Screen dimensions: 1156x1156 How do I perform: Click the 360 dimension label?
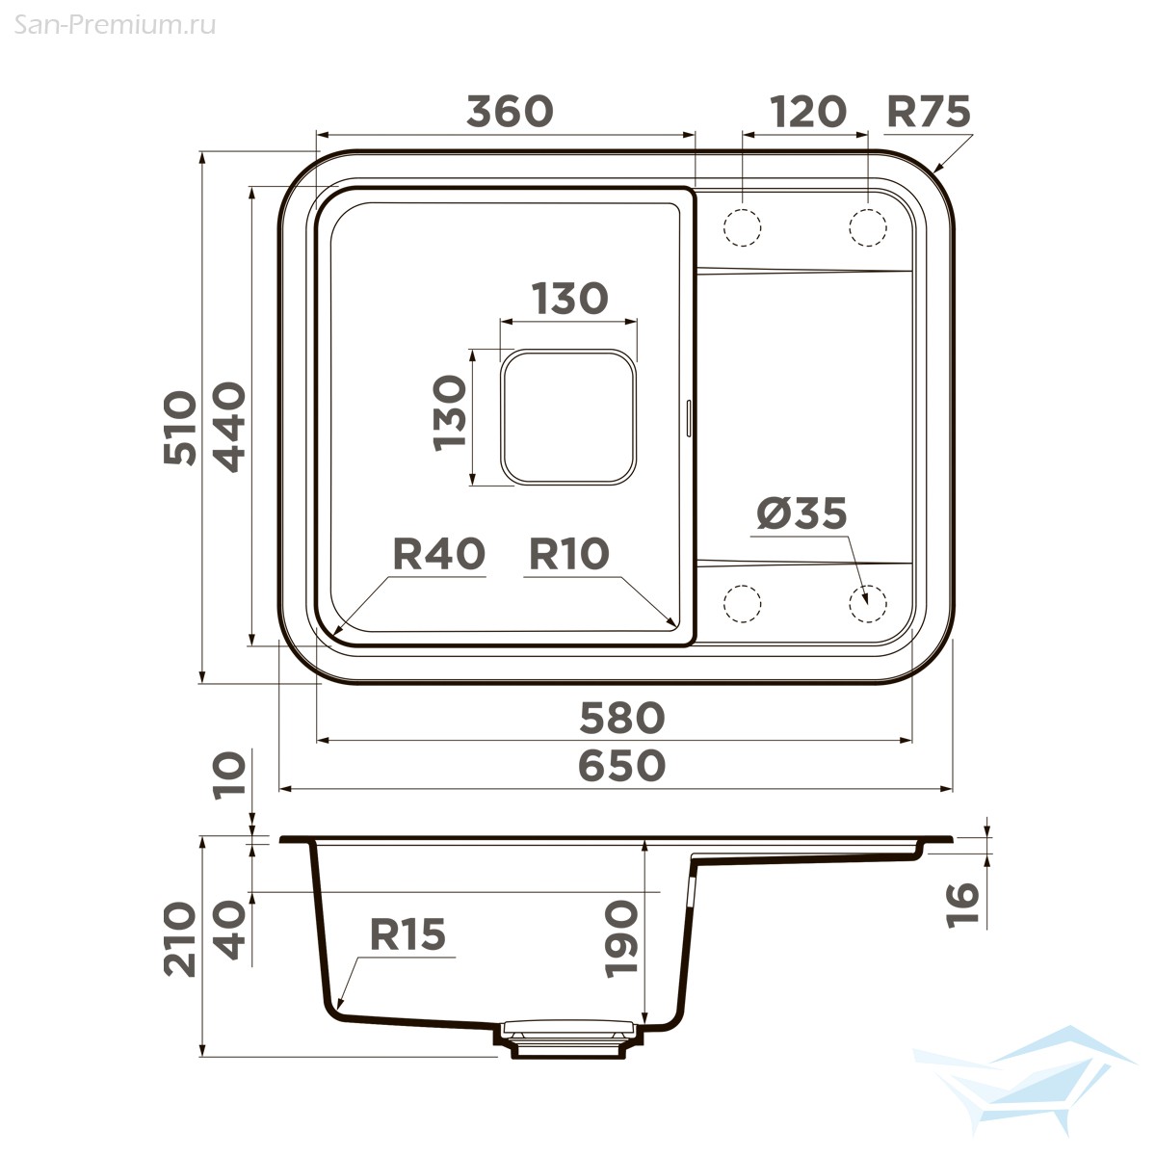click(510, 112)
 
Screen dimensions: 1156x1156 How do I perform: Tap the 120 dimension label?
click(807, 112)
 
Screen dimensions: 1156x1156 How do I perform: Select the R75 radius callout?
click(928, 112)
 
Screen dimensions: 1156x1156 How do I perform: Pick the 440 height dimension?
click(229, 427)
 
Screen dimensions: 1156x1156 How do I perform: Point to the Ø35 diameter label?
click(801, 513)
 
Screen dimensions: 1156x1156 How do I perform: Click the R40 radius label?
click(438, 553)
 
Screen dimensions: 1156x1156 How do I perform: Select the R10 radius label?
click(568, 553)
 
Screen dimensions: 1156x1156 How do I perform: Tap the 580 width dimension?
click(622, 718)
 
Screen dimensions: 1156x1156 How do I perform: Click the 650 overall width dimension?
click(622, 766)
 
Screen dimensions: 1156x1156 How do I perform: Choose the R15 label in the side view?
click(407, 934)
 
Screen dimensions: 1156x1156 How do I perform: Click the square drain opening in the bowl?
click(568, 417)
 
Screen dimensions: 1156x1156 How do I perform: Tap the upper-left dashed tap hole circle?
click(743, 228)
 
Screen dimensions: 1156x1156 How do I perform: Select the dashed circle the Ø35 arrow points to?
click(868, 603)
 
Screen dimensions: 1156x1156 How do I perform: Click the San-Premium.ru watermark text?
click(115, 25)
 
